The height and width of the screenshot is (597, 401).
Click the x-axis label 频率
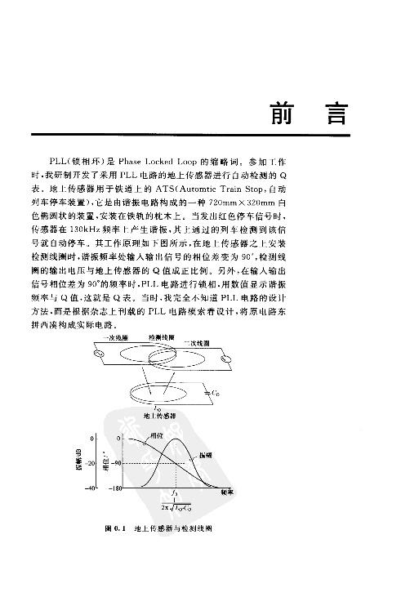pyautogui.click(x=229, y=492)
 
